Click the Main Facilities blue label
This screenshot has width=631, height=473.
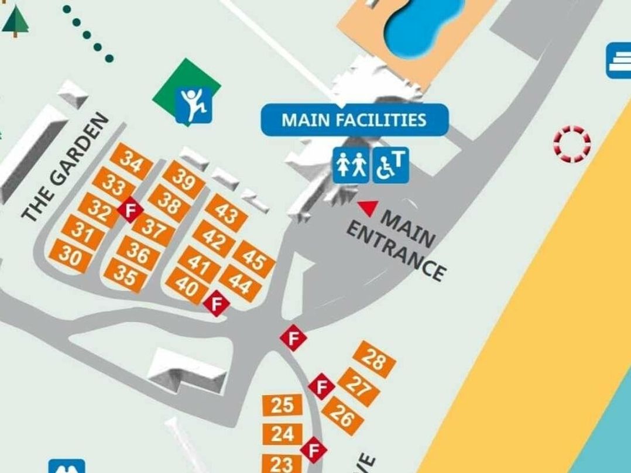354,120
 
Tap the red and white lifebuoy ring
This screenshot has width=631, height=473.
572,144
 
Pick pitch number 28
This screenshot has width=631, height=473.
375,359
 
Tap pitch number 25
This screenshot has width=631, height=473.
282,405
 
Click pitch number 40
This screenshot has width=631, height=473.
187,286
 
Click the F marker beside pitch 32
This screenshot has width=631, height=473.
131,209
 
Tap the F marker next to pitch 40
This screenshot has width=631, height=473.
217,303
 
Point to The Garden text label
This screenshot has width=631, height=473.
66,167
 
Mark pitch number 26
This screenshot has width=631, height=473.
342,416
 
